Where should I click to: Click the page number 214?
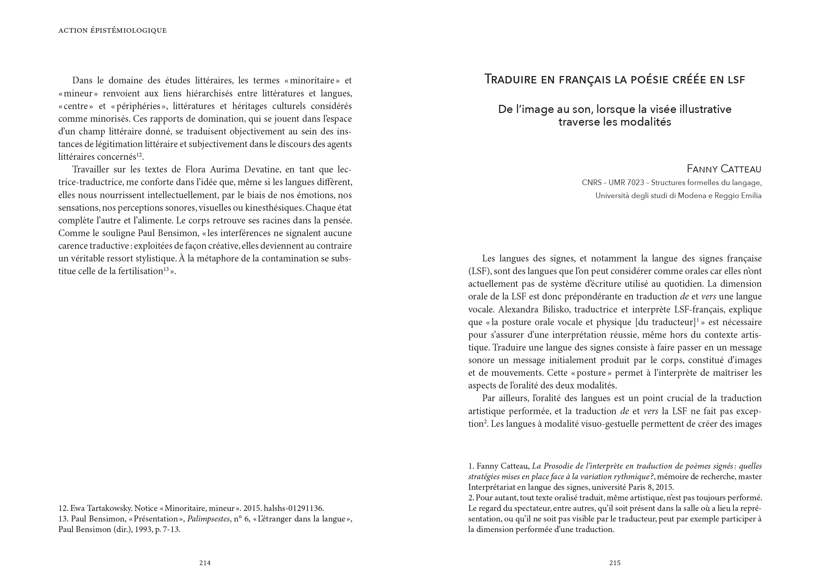pos(205,563)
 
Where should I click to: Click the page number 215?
pos(615,563)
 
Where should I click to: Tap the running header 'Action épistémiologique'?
pos(113,31)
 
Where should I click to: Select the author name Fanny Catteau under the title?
pos(724,169)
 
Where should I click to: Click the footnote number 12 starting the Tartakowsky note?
pos(63,508)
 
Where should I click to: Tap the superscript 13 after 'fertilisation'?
pos(166,269)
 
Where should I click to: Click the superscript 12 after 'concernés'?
pos(139,155)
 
